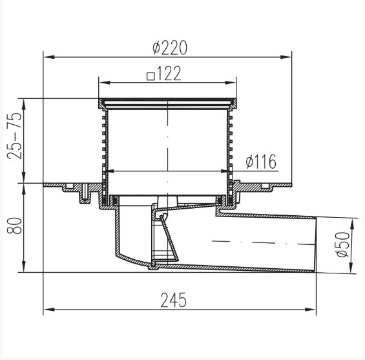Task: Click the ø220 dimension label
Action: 170,47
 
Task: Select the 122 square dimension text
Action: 169,73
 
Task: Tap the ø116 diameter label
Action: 261,161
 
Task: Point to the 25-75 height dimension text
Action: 14,136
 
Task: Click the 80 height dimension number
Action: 14,225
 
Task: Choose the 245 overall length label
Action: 174,300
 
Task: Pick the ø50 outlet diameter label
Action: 343,244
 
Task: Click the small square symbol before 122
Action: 151,76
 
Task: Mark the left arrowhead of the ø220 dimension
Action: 49,57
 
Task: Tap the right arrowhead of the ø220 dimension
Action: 286,57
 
